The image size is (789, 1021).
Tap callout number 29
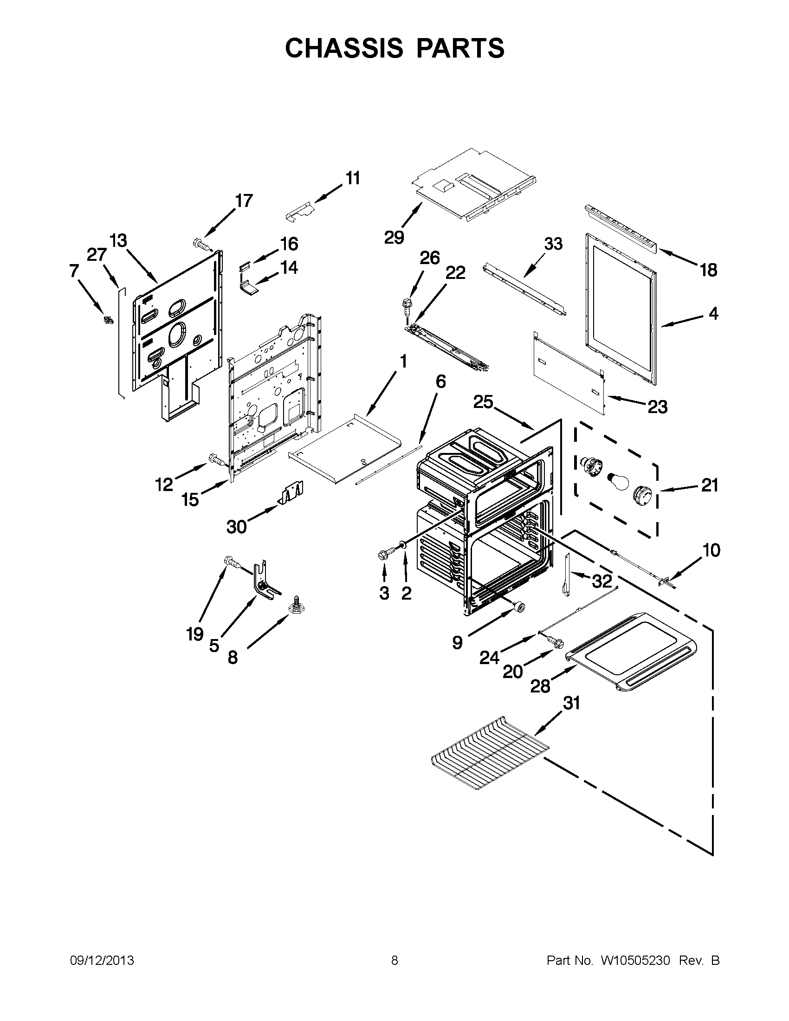pos(394,238)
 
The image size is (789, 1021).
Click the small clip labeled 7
pos(109,320)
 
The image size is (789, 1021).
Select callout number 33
pos(553,244)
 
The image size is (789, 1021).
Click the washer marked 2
pos(401,545)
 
